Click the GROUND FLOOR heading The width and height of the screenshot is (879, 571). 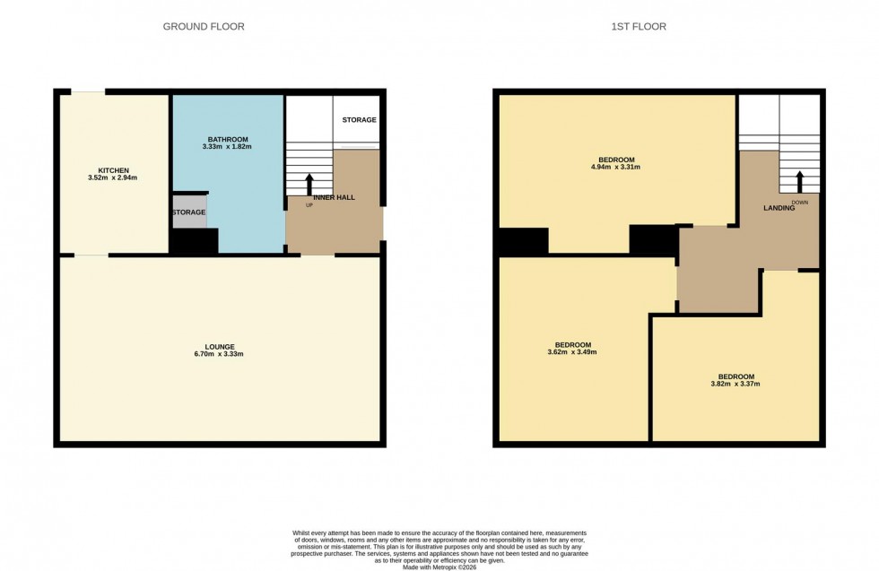coord(204,27)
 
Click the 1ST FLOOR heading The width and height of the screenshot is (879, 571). coord(639,27)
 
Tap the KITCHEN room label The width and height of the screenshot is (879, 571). coord(114,169)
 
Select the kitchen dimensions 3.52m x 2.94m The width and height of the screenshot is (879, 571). coord(114,177)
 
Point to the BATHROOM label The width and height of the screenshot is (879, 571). coord(228,140)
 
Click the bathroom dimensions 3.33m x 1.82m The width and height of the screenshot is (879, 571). coord(228,148)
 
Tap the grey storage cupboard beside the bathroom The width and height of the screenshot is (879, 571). coord(188,212)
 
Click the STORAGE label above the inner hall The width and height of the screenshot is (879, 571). coord(360,120)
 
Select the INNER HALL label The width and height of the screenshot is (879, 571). coord(335,197)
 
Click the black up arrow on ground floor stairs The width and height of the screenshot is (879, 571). coord(309,184)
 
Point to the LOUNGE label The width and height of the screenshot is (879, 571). coord(219,347)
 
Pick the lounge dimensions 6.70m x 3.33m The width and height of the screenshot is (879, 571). coord(219,355)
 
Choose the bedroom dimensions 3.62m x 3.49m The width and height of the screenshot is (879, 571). coord(572,352)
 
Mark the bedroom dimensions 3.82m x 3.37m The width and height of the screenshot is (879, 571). coord(735,384)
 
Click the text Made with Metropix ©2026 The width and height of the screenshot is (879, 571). coord(439,567)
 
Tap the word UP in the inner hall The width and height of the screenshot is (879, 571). coord(309,205)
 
